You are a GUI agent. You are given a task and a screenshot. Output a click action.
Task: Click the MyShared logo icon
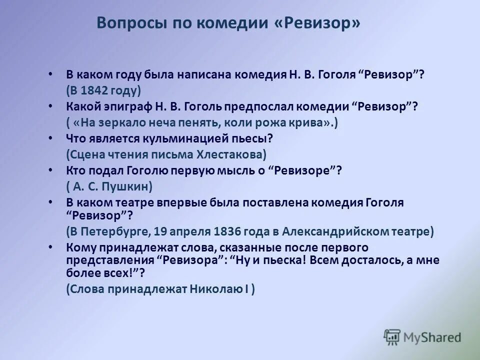point(392,336)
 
